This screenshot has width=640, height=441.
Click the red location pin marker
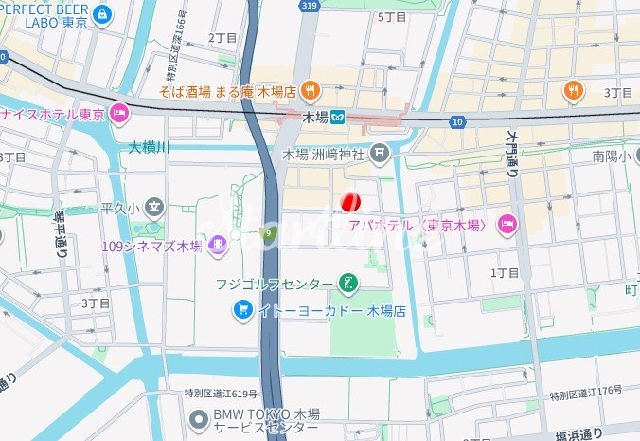pos(349,201)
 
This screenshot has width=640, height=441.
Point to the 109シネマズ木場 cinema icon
pos(219,247)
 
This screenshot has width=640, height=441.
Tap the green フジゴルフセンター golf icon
pos(350,283)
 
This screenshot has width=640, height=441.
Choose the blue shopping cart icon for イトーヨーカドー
pos(243,310)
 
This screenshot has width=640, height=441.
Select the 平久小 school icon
pos(154,207)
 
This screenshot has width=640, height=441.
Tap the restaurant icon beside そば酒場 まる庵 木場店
pos(312,92)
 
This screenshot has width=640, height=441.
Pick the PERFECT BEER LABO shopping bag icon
pos(103,14)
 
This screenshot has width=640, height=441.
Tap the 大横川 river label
pos(149,147)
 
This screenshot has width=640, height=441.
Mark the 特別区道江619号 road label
pos(220,393)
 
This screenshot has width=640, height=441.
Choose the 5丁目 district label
pos(391,16)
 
